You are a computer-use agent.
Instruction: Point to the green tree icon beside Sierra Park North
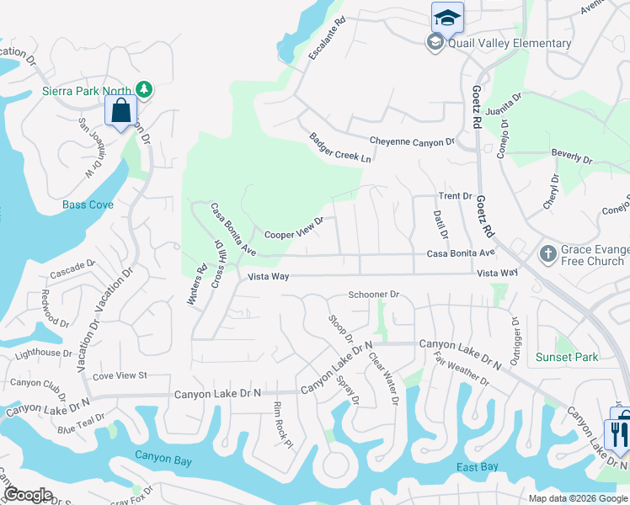(144, 89)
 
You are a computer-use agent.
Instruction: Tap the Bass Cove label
(88, 205)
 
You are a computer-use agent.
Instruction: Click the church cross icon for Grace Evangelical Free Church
(547, 253)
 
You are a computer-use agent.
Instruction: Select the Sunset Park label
(567, 357)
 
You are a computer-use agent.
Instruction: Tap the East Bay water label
(478, 466)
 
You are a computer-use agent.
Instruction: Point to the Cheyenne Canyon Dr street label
(412, 141)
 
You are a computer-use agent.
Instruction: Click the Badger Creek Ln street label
(340, 147)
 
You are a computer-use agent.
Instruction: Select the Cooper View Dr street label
(294, 232)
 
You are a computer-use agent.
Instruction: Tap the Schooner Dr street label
(373, 295)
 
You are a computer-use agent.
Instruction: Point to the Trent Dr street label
(455, 196)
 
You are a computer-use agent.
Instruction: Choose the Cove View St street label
(120, 375)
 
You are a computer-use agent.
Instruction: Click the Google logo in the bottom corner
(29, 495)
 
